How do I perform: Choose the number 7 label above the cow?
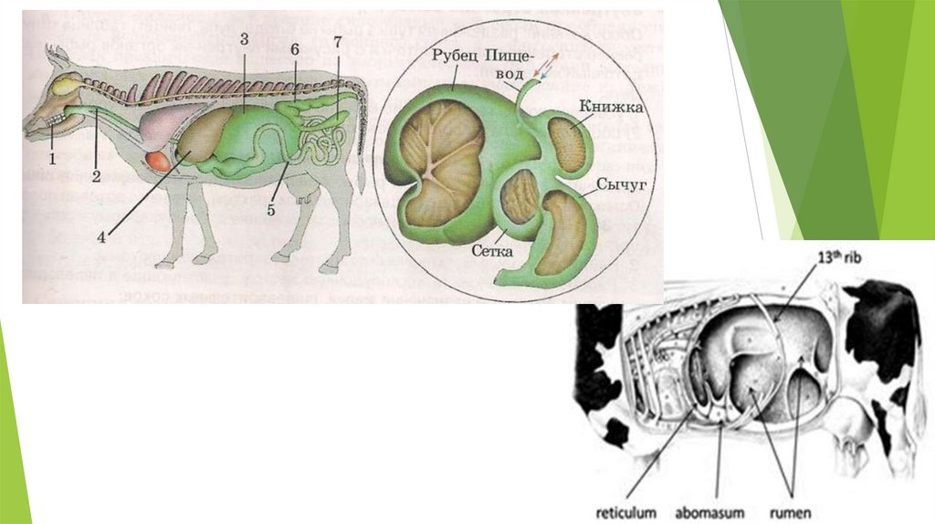pos(338,43)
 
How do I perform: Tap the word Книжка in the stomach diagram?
pos(611,108)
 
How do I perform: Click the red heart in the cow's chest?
pos(159,162)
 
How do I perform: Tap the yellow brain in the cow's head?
pos(65,88)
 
